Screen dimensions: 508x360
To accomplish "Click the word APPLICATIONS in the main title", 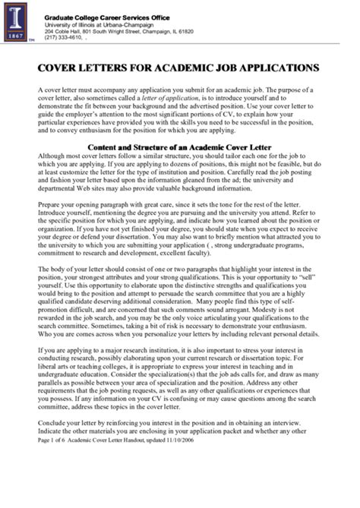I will point(270,68).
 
